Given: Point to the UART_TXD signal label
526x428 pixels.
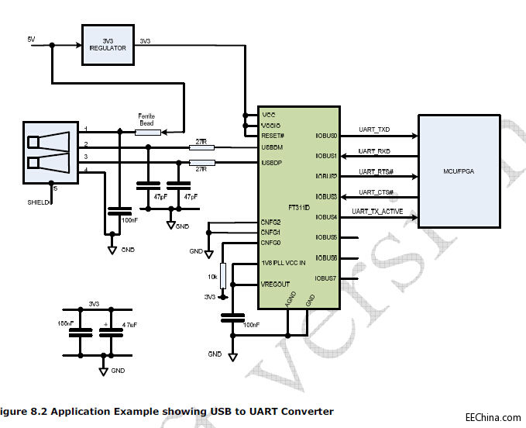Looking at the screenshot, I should (x=375, y=129).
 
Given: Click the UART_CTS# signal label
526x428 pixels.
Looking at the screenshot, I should (x=376, y=192).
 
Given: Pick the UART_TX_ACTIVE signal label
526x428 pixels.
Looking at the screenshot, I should (x=377, y=212).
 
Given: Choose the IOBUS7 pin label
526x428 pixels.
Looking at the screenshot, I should (x=326, y=278).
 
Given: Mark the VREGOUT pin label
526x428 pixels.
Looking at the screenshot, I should (x=276, y=285).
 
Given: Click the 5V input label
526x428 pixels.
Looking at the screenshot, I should (x=31, y=39).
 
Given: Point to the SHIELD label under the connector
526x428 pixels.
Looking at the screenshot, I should (x=36, y=202).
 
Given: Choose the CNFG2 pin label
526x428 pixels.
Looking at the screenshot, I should (x=271, y=223).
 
